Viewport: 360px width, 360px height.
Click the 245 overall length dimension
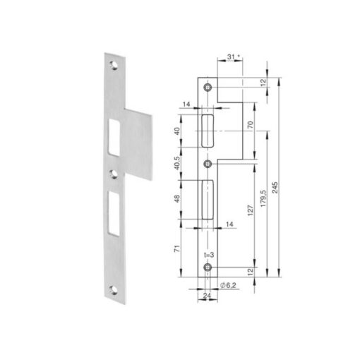[x=275, y=188]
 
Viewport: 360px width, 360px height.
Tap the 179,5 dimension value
[x=263, y=198]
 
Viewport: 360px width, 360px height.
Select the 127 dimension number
[x=251, y=210]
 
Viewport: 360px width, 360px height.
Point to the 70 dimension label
[x=251, y=124]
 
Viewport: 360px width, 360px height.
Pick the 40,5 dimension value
[x=177, y=163]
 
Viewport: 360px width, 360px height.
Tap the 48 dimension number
[x=177, y=198]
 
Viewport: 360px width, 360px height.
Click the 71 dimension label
[x=177, y=248]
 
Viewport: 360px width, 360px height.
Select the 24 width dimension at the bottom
[x=207, y=295]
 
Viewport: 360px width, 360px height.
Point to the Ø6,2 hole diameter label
[x=228, y=285]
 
